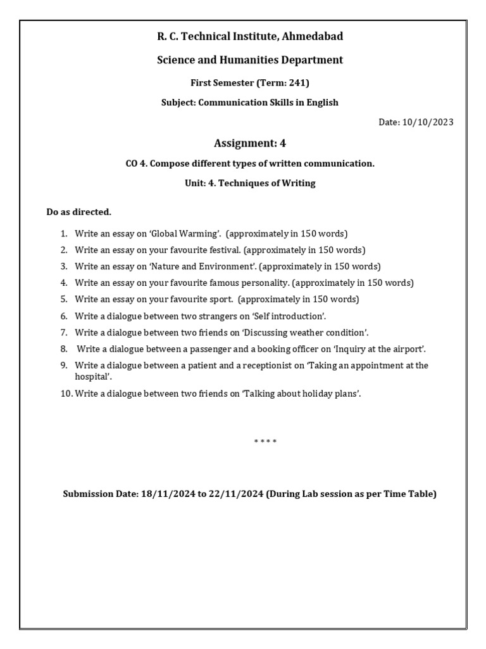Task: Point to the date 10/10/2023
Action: tap(427, 123)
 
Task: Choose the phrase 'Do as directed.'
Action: tap(79, 212)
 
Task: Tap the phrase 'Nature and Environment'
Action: tap(202, 266)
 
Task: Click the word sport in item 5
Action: tap(219, 299)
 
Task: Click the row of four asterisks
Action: tap(265, 441)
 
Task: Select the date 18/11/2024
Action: tap(166, 494)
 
